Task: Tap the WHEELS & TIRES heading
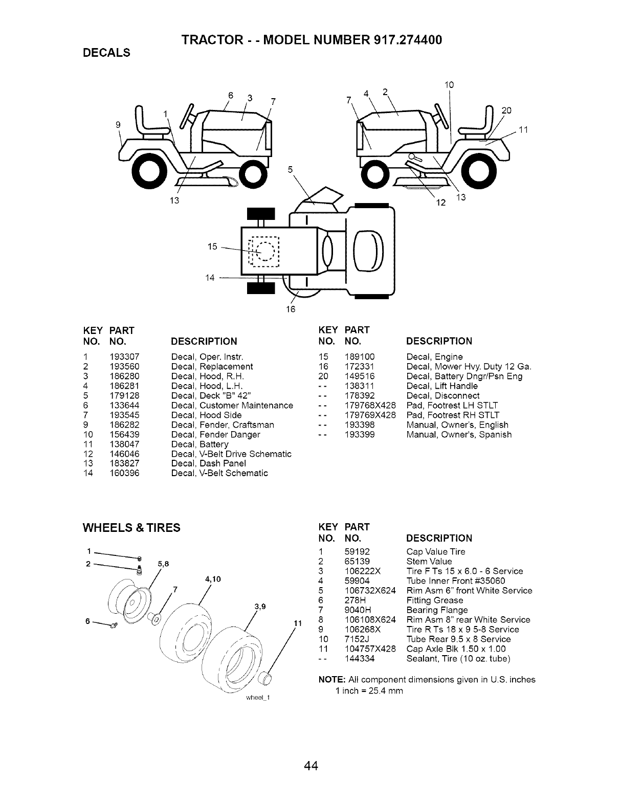pyautogui.click(x=131, y=527)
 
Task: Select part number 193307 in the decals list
pyautogui.click(x=124, y=356)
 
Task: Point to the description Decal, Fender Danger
pyautogui.click(x=215, y=434)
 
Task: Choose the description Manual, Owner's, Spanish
pyautogui.click(x=458, y=434)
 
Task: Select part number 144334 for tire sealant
pyautogui.click(x=360, y=659)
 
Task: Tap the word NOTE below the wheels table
pyautogui.click(x=331, y=680)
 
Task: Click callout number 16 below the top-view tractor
pyautogui.click(x=291, y=309)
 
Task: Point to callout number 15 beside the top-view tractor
pyautogui.click(x=213, y=247)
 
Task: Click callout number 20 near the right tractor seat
pyautogui.click(x=506, y=110)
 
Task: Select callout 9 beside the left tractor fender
pyautogui.click(x=119, y=124)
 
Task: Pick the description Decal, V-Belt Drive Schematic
pyautogui.click(x=231, y=454)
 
